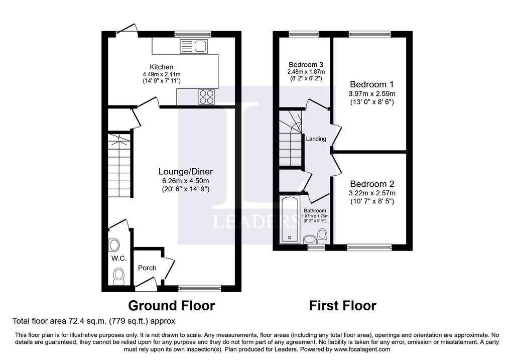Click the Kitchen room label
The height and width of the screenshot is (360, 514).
pos(161,67)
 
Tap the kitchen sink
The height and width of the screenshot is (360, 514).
pos(194,46)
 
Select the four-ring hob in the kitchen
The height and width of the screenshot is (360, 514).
pos(206,97)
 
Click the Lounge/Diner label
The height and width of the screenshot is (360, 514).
pos(186,172)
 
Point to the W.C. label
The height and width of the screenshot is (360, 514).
pos(118,259)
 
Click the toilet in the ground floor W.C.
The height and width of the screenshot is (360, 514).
pos(118,276)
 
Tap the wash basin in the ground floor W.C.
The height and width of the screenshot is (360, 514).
pos(114,245)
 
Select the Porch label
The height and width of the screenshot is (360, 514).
pos(147,268)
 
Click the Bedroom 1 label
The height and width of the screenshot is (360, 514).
pos(372,84)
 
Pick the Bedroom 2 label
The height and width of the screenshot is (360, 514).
pos(372,184)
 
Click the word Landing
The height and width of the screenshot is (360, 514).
pos(316,139)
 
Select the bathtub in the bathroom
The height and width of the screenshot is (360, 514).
pos(290,219)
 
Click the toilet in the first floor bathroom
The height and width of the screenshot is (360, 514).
pos(322,235)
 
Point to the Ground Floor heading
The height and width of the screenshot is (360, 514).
pos(172,306)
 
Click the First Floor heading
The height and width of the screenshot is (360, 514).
pos(343,306)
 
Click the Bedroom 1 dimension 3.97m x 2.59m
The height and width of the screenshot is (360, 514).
pos(372,94)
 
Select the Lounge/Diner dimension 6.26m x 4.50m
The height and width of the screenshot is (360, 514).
pos(186,181)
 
